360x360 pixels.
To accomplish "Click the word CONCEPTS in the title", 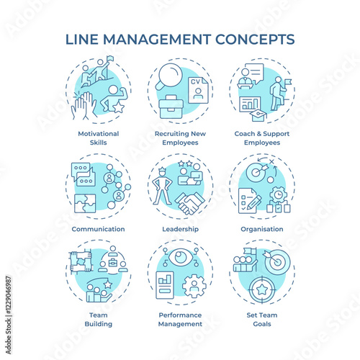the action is click(x=255, y=40).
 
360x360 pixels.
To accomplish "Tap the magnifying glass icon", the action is click(x=169, y=75).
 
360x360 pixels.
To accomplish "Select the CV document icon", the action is click(x=198, y=90).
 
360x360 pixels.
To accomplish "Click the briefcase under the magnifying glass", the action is click(x=171, y=107).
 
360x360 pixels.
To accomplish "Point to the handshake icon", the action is click(x=190, y=203).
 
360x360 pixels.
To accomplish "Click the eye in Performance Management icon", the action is click(x=179, y=257).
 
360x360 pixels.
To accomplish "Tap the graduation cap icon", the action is click(x=258, y=116).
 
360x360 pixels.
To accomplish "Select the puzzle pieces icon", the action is click(x=85, y=203).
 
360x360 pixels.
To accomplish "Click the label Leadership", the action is click(x=180, y=229).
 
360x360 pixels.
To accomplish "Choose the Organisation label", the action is click(x=262, y=229).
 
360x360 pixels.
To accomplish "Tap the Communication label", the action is click(x=98, y=229).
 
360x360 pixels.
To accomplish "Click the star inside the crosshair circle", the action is click(x=262, y=289).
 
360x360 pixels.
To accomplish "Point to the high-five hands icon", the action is click(x=84, y=105).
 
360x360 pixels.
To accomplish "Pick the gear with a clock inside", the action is click(x=279, y=194).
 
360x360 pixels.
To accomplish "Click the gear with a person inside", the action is click(x=194, y=286).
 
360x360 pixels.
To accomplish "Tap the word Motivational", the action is click(x=99, y=134).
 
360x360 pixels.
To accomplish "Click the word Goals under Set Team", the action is click(x=262, y=324).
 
